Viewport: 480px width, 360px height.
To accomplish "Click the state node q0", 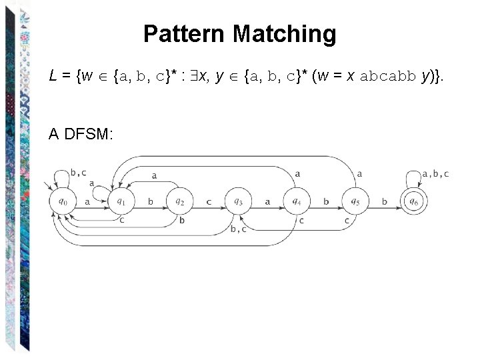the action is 63,201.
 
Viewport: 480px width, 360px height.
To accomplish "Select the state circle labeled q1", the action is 121,201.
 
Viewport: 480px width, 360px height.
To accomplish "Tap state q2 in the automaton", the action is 179,201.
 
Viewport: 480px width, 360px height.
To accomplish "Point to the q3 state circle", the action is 238,201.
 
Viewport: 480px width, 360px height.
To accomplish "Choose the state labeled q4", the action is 297,201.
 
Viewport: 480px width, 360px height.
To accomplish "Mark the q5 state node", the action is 355,201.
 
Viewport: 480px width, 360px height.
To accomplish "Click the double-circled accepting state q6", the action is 414,201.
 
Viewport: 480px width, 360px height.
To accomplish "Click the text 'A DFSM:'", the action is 81,134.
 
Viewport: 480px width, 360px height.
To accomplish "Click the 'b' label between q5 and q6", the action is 385,200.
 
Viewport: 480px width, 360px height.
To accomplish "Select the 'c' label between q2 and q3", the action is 209,200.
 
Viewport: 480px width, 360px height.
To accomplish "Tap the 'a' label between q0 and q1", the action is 87,200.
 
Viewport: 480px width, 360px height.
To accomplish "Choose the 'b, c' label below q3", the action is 239,229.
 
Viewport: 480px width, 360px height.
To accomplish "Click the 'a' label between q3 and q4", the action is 267,200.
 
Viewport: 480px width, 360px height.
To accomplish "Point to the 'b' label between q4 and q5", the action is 326,200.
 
